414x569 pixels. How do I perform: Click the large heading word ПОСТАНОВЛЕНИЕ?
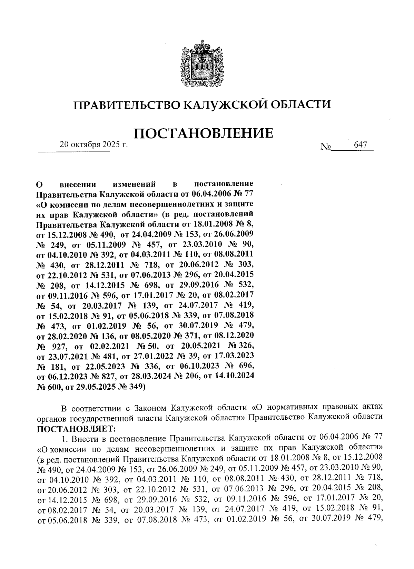[203, 133]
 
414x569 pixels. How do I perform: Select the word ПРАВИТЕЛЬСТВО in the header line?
[126, 104]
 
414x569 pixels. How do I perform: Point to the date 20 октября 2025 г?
[94, 145]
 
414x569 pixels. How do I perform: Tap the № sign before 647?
[325, 147]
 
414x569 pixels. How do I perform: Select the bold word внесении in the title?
[80, 184]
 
